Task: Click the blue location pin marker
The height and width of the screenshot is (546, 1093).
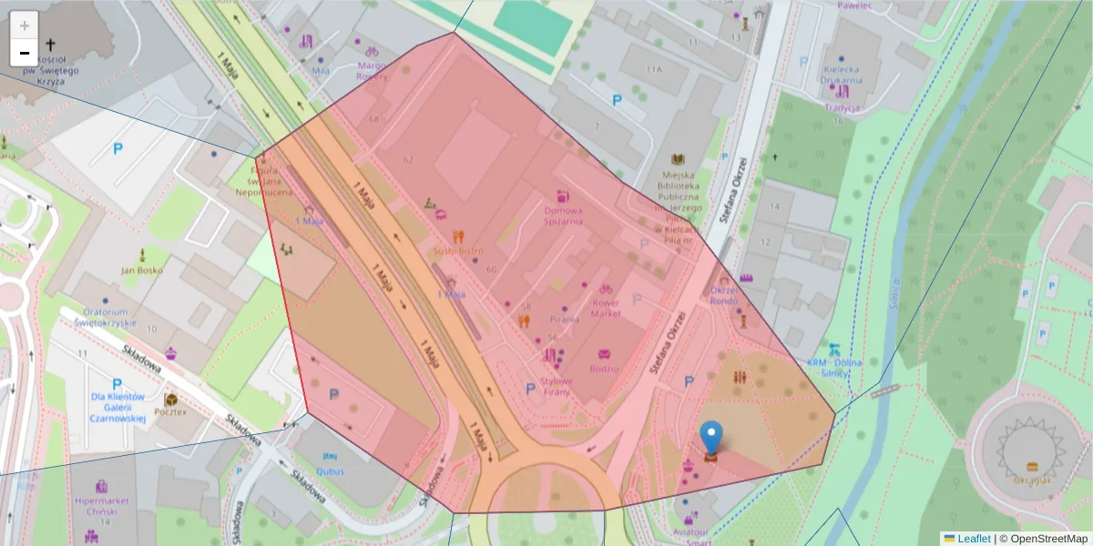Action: pos(711,437)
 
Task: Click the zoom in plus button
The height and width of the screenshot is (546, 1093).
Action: pos(25,25)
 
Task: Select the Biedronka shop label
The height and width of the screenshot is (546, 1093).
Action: pos(603,369)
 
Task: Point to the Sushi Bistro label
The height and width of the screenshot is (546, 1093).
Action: pos(458,250)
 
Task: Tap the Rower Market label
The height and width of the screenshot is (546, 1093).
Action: pos(606,308)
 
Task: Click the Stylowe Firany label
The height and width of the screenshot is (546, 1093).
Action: pos(556,386)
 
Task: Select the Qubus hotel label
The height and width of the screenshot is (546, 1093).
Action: pos(330,471)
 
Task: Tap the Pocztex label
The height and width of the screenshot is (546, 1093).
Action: pos(170,411)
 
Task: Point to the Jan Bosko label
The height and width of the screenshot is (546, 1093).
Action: pos(141,270)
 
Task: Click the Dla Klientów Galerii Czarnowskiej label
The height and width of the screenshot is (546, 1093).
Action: pos(117,408)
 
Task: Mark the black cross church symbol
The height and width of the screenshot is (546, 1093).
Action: pos(50,45)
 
